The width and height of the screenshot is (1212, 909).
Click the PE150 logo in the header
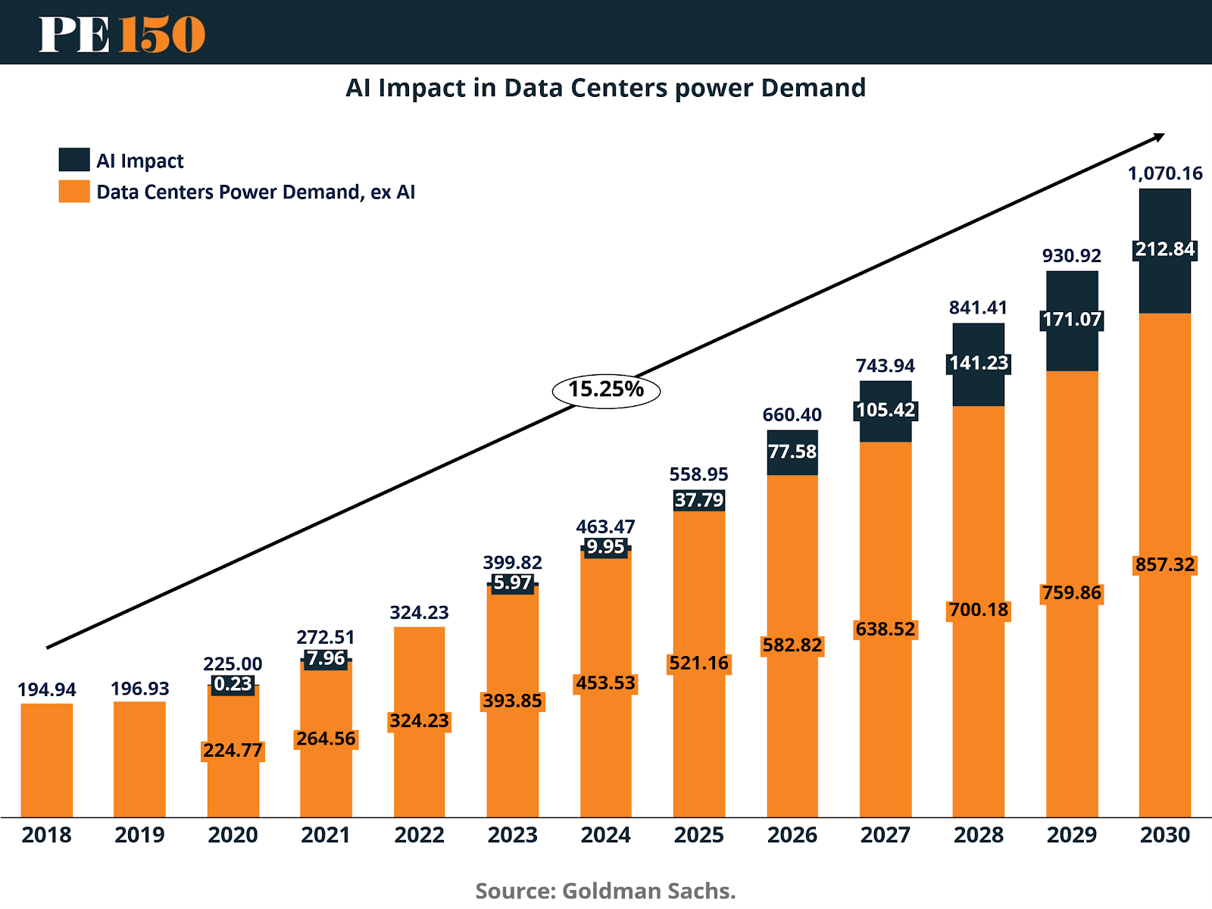point(122,34)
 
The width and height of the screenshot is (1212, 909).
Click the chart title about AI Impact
point(605,88)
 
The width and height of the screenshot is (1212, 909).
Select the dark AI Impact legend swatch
point(74,160)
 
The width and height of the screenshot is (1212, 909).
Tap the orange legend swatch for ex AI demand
point(74,191)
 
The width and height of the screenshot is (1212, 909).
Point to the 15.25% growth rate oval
point(606,390)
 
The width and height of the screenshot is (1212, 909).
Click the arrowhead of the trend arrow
point(1158,137)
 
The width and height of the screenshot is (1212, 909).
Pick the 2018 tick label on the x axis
point(46,835)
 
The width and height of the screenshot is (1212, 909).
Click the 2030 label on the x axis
point(1165,835)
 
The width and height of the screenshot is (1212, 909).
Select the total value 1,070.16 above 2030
point(1165,173)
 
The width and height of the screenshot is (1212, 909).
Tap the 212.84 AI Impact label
point(1165,249)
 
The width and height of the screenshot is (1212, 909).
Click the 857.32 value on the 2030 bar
point(1165,564)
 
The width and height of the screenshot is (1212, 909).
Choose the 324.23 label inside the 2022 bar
point(419,720)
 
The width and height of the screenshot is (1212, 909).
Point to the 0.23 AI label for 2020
point(233,684)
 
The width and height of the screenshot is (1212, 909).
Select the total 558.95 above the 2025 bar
point(698,474)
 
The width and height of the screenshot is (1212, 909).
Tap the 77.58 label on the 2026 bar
point(792,451)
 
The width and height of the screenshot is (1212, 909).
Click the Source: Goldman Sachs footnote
point(605,891)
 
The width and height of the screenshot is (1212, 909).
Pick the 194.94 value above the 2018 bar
point(47,689)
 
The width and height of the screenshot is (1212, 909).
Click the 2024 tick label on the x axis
point(605,835)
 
